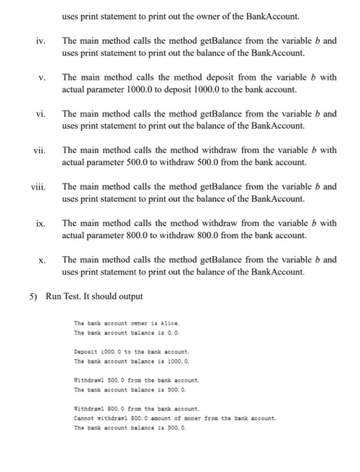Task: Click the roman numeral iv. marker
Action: pos(40,41)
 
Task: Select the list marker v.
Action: pos(42,78)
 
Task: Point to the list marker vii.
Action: pos(39,150)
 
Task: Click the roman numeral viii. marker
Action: pos(38,187)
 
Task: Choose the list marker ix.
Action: pos(40,223)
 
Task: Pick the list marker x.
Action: pos(42,260)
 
